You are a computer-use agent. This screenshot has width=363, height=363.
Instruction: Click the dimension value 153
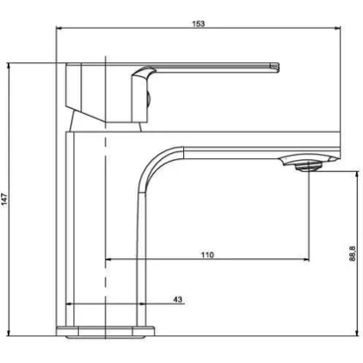pyautogui.click(x=199, y=23)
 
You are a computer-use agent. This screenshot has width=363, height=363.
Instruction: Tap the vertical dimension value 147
pyautogui.click(x=4, y=200)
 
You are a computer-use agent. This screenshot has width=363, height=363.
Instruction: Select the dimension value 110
pyautogui.click(x=207, y=255)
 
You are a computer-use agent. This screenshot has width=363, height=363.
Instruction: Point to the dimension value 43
pyautogui.click(x=178, y=299)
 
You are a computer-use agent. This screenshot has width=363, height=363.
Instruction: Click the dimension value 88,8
pyautogui.click(x=353, y=253)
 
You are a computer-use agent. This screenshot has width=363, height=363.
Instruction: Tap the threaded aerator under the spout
pyautogui.click(x=309, y=166)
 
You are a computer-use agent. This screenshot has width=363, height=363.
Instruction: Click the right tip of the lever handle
pyautogui.click(x=279, y=67)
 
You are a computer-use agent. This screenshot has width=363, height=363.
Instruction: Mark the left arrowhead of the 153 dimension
pyautogui.click(x=59, y=28)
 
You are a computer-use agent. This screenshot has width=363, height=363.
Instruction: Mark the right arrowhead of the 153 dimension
pyautogui.click(x=337, y=28)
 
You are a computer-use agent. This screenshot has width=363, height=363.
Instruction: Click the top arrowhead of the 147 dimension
pyautogui.click(x=9, y=66)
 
